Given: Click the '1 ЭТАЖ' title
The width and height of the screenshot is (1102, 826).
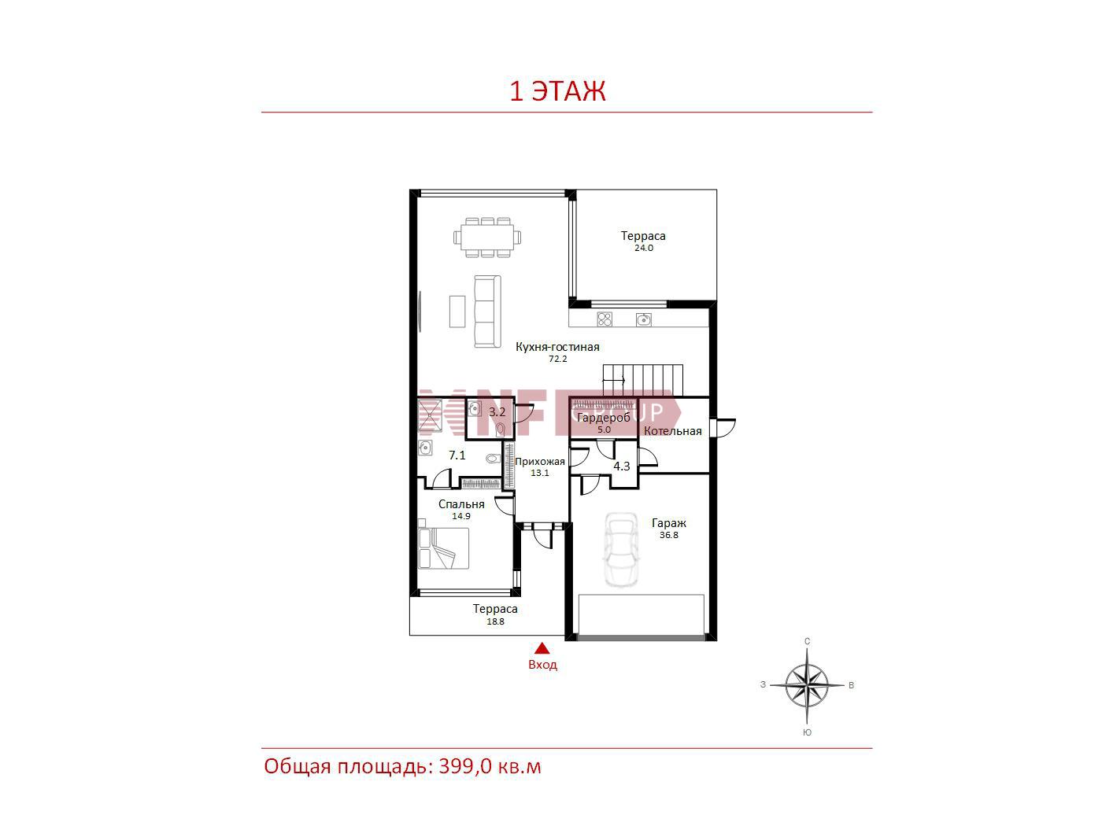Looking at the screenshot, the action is pyautogui.click(x=557, y=92).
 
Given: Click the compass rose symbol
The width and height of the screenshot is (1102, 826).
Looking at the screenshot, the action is pyautogui.click(x=807, y=685).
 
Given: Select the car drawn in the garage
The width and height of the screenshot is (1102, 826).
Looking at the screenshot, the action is pyautogui.click(x=621, y=549).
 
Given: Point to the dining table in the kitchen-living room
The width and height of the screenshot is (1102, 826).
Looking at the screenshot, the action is pyautogui.click(x=487, y=238).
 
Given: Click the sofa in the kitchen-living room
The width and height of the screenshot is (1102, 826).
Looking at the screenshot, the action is pyautogui.click(x=487, y=312).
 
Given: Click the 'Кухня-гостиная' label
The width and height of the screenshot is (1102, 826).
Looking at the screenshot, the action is pyautogui.click(x=557, y=347).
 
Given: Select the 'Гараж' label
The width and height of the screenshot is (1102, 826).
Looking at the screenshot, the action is pyautogui.click(x=669, y=522).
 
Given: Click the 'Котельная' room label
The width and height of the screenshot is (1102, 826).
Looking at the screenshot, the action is pyautogui.click(x=673, y=431).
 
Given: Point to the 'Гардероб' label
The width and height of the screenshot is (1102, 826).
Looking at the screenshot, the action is pyautogui.click(x=604, y=418).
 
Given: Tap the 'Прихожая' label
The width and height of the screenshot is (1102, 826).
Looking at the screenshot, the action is pyautogui.click(x=540, y=462).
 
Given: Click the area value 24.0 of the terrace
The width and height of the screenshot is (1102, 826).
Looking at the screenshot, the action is pyautogui.click(x=644, y=249).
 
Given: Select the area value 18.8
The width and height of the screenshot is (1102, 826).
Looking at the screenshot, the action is pyautogui.click(x=495, y=621).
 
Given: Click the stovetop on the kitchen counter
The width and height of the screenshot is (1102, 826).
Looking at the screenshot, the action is pyautogui.click(x=605, y=319).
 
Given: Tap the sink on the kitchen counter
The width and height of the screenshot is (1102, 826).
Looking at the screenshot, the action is pyautogui.click(x=644, y=319).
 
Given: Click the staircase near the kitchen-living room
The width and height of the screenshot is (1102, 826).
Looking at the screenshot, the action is pyautogui.click(x=643, y=380).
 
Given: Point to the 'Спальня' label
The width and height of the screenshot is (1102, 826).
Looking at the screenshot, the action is pyautogui.click(x=461, y=504).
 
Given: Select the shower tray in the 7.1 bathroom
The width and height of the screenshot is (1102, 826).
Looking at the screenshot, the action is pyautogui.click(x=431, y=416).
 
